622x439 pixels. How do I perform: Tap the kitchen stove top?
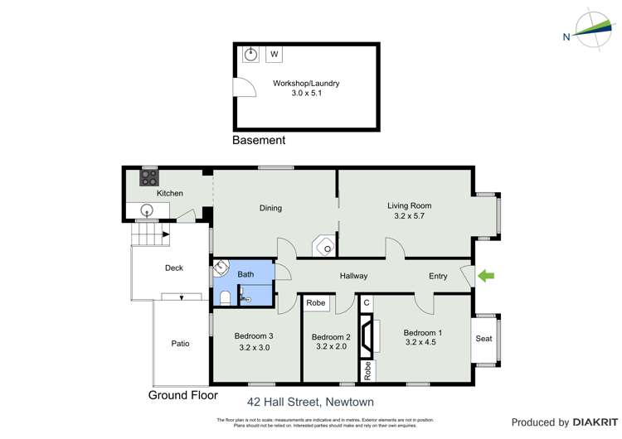click(x=149, y=177)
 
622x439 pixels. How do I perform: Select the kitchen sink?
click(x=147, y=210)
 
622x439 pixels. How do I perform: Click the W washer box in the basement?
click(x=275, y=55)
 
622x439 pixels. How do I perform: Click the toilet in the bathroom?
click(x=225, y=297)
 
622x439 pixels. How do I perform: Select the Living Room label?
click(x=409, y=205)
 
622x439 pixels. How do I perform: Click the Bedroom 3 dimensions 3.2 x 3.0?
click(x=254, y=348)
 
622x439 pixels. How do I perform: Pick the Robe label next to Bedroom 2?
click(x=316, y=303)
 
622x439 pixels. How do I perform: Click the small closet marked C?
click(x=366, y=303)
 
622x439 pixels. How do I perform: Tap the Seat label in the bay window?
click(x=484, y=339)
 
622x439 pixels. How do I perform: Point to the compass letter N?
click(x=566, y=36)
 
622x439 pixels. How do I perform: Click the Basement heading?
click(x=259, y=141)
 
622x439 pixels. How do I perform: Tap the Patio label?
click(x=180, y=344)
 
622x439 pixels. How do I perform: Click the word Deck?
click(x=173, y=268)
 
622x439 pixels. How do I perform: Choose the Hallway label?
click(x=353, y=276)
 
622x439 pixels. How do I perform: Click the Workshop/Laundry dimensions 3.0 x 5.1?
click(x=306, y=94)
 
